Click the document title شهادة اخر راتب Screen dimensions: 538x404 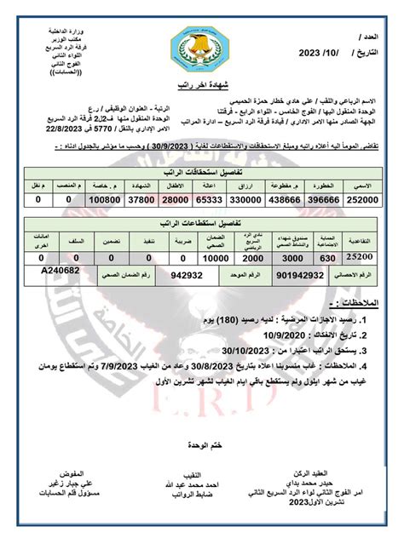202,85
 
